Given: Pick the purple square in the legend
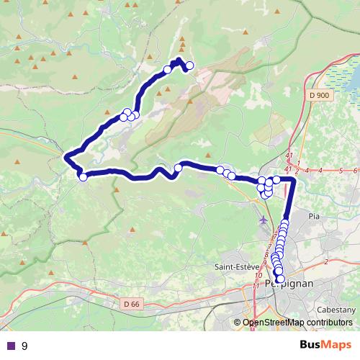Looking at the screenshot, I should pos(10,346).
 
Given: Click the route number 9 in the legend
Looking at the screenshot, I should pos(24,346).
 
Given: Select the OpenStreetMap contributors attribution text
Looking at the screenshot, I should pos(297,323).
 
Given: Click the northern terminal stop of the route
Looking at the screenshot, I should pos(190,66).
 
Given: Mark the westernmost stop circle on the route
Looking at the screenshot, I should pos(83,176).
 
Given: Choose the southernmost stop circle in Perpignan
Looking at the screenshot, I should pos(281,279).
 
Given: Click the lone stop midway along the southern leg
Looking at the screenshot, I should pos(179,168).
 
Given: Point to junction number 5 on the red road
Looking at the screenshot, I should pos(340,170).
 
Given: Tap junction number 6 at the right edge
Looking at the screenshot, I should pos(356,170).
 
